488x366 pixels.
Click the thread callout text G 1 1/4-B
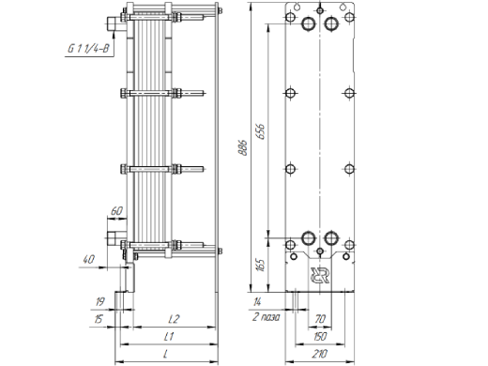point(86,47)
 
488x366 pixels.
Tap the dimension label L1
point(170,335)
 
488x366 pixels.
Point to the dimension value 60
point(117,210)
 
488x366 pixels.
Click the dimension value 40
point(89,258)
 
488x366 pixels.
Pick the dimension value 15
point(99,318)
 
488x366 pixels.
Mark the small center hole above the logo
point(321,252)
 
